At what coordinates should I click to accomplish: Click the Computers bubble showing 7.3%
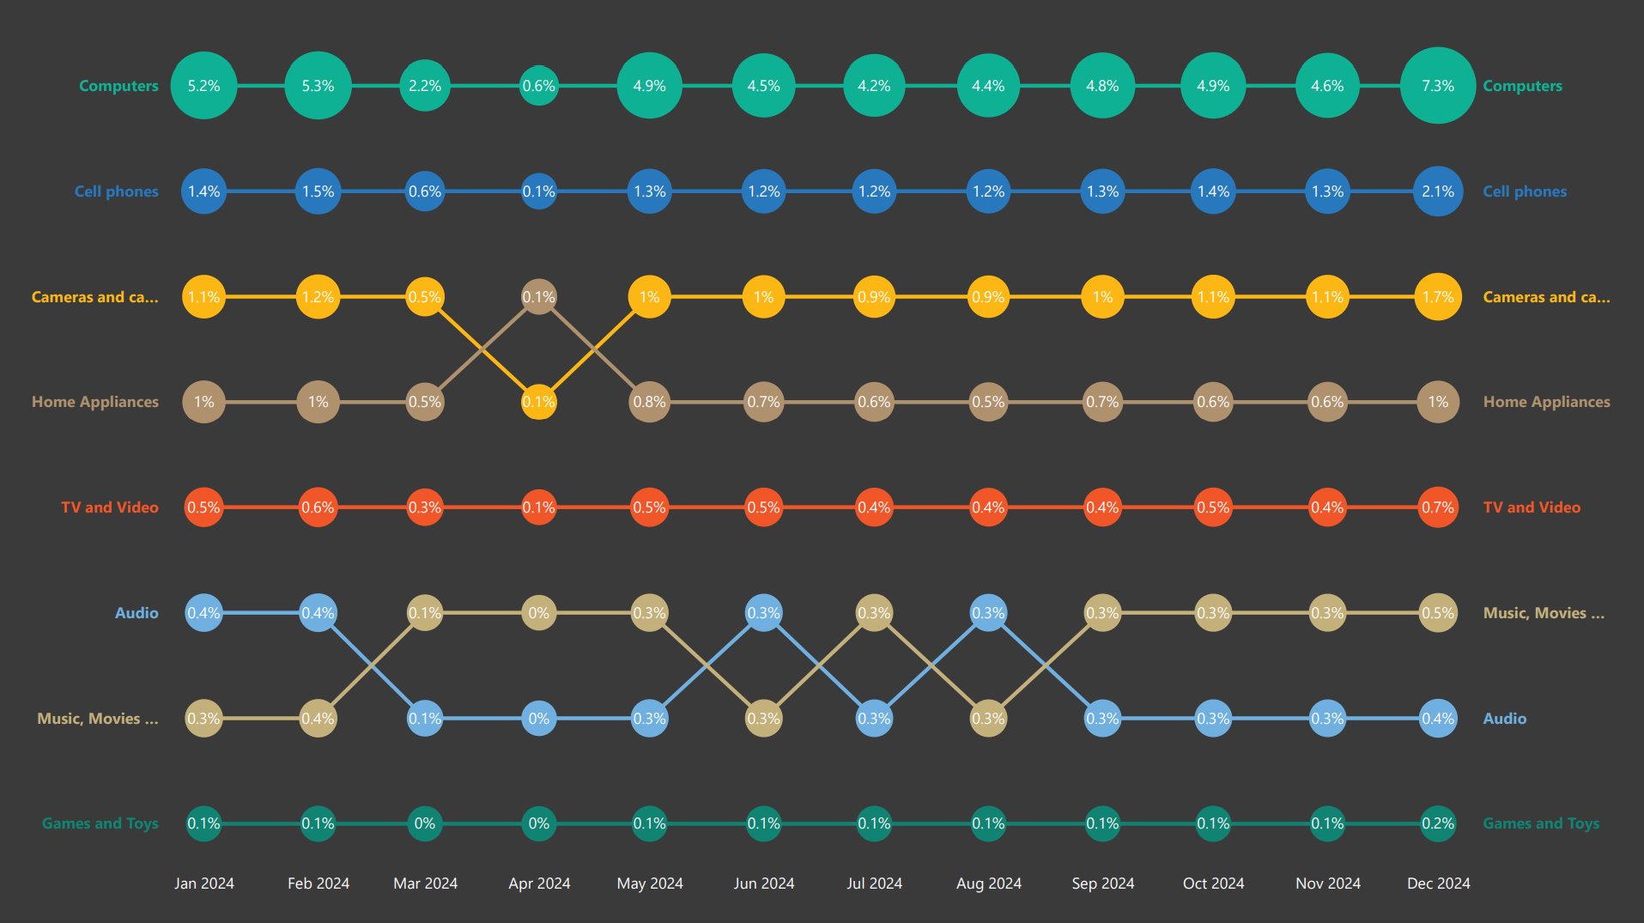[x=1438, y=86]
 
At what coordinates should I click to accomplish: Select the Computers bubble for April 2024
[x=539, y=86]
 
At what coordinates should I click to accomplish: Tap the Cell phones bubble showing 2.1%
[x=1438, y=191]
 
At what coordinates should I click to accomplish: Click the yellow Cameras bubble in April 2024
[x=539, y=402]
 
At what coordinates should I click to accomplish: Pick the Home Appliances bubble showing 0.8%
[x=649, y=402]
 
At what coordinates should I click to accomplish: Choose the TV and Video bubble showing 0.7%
[x=1438, y=507]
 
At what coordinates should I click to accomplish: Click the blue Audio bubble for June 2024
[x=763, y=613]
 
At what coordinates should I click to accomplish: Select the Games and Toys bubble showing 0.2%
[x=1438, y=823]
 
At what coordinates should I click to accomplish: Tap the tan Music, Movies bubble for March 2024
[x=425, y=613]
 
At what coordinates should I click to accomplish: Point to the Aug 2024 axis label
[x=988, y=884]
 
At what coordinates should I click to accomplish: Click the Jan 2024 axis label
[x=204, y=884]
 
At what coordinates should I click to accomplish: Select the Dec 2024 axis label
[x=1438, y=884]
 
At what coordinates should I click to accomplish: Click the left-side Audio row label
[x=136, y=613]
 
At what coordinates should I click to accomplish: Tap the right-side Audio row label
[x=1504, y=719]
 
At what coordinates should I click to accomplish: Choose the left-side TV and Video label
[x=110, y=507]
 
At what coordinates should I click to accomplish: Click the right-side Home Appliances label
[x=1546, y=402]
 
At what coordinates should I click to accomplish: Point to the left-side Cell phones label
[x=116, y=191]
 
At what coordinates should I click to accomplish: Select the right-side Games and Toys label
[x=1541, y=823]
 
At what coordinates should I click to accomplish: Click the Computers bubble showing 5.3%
[x=318, y=86]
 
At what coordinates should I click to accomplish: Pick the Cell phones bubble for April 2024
[x=539, y=191]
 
